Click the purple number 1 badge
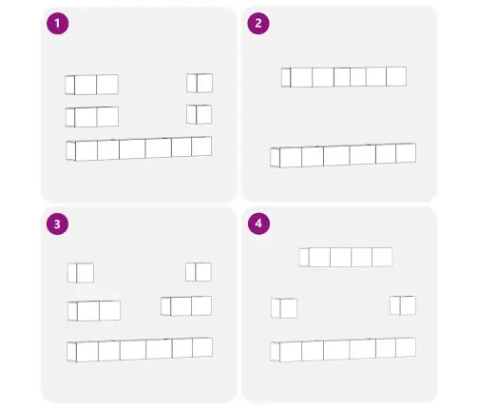57,24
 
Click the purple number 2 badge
258,23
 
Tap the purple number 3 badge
57,224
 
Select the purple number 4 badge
258,224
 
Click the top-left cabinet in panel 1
91,85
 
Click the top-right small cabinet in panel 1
200,83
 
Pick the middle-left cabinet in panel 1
92,117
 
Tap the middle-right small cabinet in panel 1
200,114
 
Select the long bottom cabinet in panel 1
139,148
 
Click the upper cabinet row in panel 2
344,77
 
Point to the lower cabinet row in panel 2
343,155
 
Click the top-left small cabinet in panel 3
81,273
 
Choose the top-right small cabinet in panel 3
199,272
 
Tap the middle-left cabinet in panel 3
94,311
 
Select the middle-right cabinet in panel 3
186,306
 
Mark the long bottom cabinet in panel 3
140,350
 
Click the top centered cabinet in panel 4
346,257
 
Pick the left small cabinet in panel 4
284,308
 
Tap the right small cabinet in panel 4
403,305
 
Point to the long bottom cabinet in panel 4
343,350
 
